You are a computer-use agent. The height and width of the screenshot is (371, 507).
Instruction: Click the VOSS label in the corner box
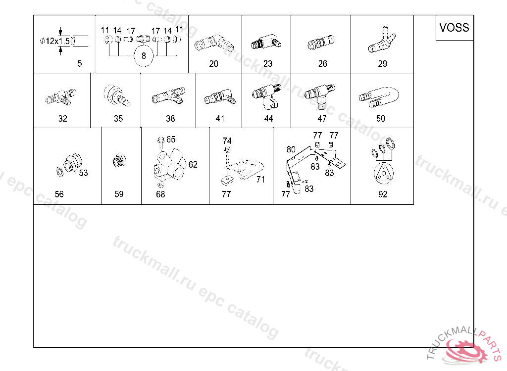coord(454,28)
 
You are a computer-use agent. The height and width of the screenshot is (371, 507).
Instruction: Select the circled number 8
coord(144,56)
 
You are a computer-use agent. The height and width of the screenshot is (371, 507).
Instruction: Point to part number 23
coord(267,64)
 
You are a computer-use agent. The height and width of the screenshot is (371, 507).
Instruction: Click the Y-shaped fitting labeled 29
coord(382,40)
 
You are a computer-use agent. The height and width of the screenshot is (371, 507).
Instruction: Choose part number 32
coord(63,119)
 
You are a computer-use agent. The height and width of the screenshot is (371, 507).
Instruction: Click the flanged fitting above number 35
coord(117,95)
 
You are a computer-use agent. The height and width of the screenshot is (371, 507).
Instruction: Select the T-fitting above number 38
coord(168,95)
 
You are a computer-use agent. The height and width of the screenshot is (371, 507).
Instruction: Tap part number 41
coord(220,119)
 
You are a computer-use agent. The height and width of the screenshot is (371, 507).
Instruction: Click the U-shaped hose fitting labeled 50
coord(379,97)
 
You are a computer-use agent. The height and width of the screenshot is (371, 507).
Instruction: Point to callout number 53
coord(83,173)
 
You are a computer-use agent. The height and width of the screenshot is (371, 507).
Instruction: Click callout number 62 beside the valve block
coord(193,165)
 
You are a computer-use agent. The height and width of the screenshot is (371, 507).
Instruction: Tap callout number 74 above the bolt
coord(227,141)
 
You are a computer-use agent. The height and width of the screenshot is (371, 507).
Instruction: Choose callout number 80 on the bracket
coord(291,149)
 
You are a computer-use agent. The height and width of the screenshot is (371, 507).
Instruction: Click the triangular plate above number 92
coord(384,173)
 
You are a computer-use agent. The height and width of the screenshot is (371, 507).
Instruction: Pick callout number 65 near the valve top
coord(171,139)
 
